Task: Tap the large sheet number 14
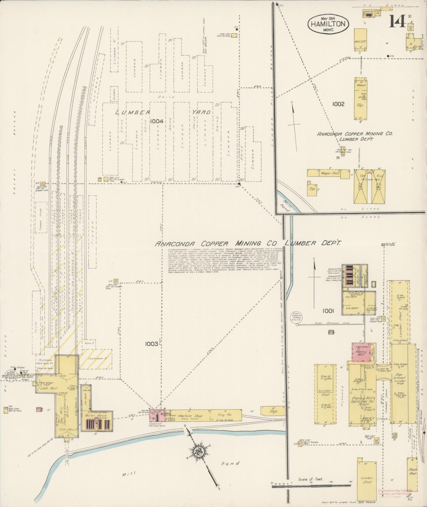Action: coord(397,21)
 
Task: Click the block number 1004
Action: coord(156,121)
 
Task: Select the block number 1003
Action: coord(151,344)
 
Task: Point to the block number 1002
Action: coord(338,104)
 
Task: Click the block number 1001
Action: coord(328,311)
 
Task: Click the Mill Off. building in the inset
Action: coord(360,41)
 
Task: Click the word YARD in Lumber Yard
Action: coord(201,112)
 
